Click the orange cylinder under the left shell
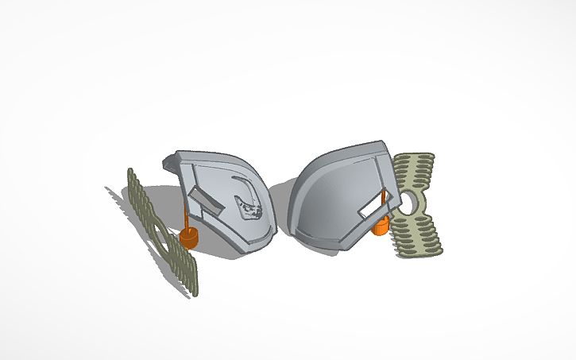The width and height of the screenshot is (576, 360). pos(189,238)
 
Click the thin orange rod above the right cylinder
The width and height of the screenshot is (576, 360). pos(383,203)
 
